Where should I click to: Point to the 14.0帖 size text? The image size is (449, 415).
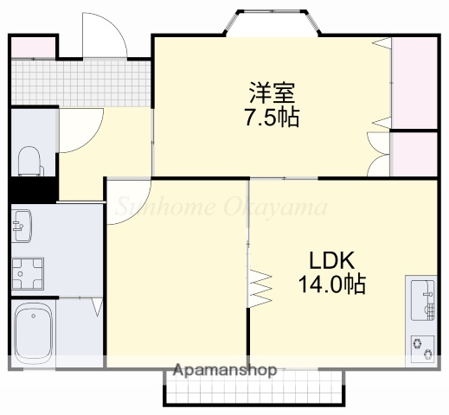click(332, 284)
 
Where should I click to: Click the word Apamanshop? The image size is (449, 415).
click(225, 371)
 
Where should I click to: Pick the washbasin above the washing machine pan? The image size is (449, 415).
click(23, 227)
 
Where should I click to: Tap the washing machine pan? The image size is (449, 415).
click(28, 273)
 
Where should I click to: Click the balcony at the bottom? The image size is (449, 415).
click(255, 390)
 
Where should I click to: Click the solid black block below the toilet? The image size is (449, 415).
click(32, 189)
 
